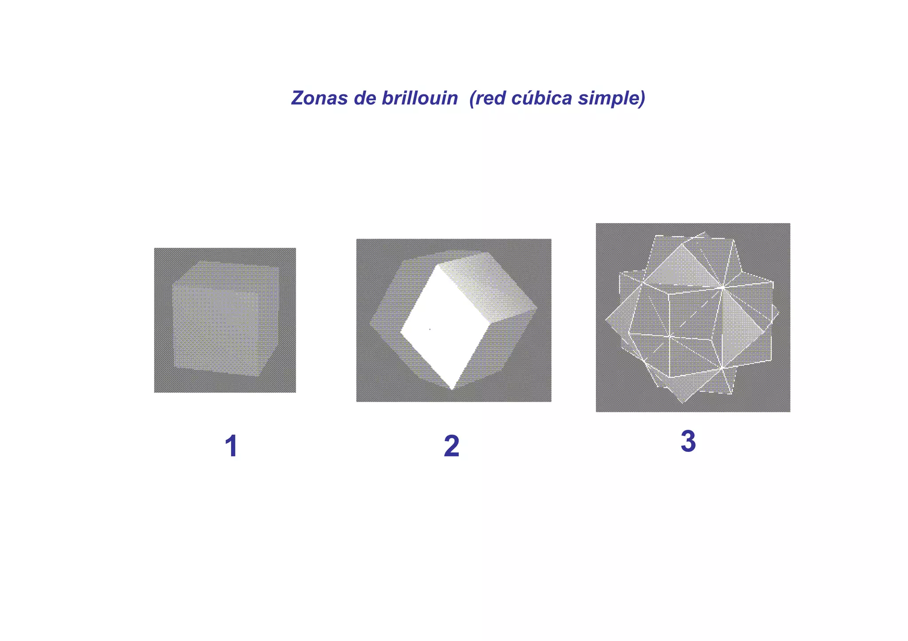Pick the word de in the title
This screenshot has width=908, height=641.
365,98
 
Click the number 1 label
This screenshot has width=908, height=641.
231,446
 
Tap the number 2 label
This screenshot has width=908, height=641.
451,446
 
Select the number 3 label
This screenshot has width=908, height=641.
688,441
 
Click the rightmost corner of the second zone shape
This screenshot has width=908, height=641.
537,307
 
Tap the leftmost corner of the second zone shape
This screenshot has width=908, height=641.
370,324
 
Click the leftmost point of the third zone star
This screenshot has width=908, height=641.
606,319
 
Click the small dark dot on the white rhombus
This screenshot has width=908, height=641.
430,329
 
